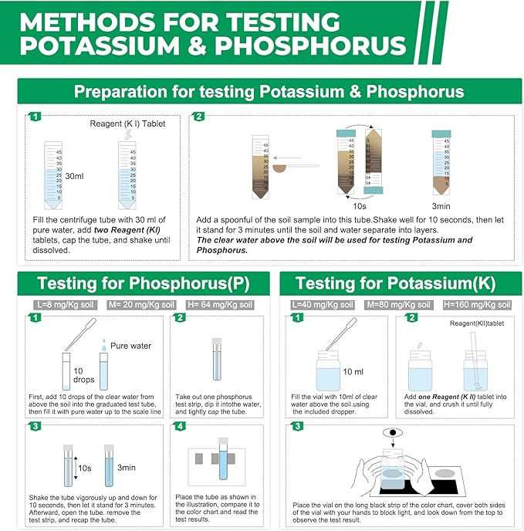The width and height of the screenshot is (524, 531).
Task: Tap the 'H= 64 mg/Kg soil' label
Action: click(x=223, y=305)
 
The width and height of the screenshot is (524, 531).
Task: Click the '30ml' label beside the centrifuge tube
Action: click(x=75, y=176)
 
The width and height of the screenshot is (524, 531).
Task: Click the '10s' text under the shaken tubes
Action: click(x=359, y=207)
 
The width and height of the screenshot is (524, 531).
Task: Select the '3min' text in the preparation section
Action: click(x=442, y=207)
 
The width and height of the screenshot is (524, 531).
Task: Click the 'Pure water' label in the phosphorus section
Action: click(x=130, y=346)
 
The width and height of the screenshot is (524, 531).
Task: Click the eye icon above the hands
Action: click(x=395, y=435)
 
